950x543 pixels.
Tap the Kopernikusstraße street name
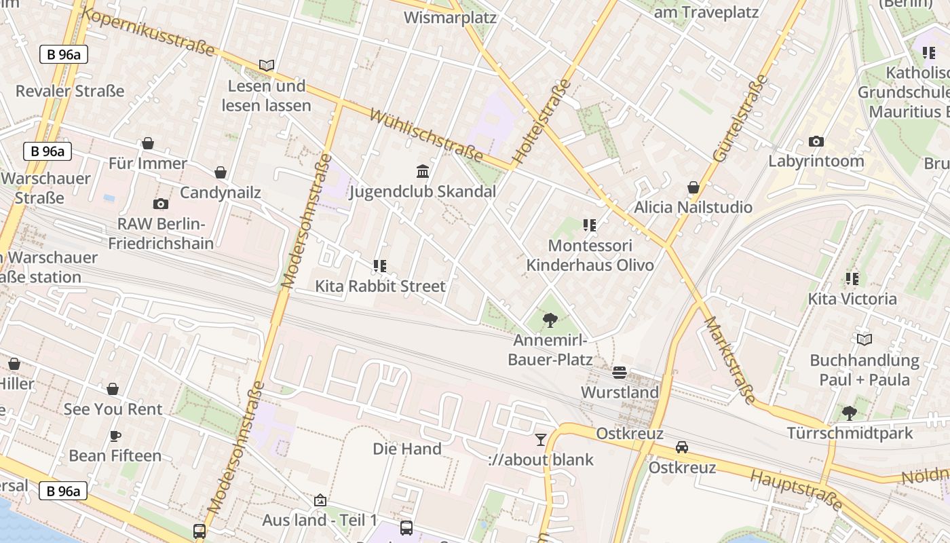(x=149, y=33)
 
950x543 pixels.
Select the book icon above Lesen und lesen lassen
(x=267, y=65)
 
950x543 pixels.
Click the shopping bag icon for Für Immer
(x=148, y=143)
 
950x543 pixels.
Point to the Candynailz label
(x=221, y=193)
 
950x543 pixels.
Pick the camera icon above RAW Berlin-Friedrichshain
(x=161, y=204)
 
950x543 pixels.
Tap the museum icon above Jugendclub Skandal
(x=423, y=171)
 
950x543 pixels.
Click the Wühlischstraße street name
(x=426, y=135)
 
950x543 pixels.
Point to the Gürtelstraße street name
(x=740, y=118)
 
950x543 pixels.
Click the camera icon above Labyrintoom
(x=816, y=141)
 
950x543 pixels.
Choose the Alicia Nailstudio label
(x=693, y=207)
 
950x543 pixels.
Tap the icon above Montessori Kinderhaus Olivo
(x=590, y=225)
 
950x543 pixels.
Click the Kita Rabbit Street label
(x=380, y=286)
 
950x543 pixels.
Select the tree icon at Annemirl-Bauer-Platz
(x=550, y=320)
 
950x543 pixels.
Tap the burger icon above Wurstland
(x=619, y=372)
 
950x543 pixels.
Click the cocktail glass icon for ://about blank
(x=540, y=440)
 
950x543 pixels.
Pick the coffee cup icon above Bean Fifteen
(x=115, y=436)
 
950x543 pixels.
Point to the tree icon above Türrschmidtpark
(x=849, y=413)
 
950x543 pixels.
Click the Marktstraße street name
(x=729, y=360)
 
